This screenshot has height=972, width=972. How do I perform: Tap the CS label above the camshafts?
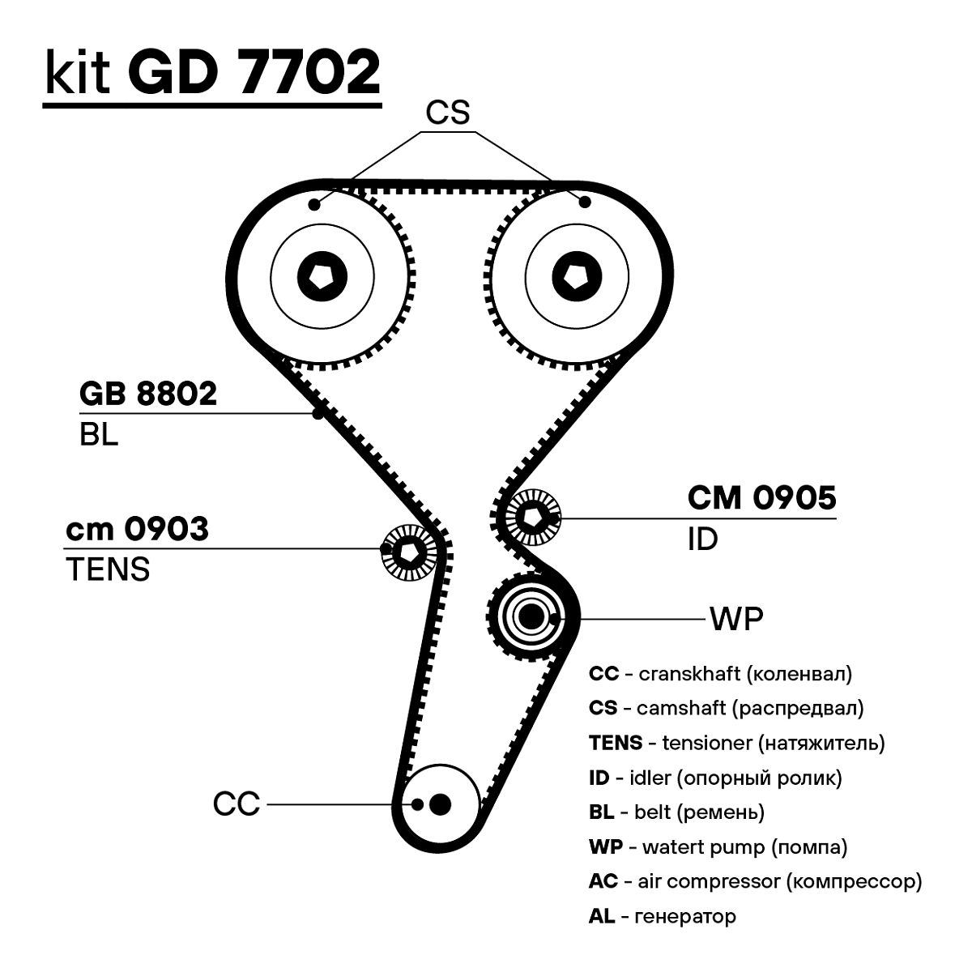click(x=448, y=113)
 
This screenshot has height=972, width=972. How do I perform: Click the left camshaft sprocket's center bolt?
click(x=322, y=275)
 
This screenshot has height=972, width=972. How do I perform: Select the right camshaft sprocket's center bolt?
click(x=578, y=275)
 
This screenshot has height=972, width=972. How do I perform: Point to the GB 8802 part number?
click(x=148, y=394)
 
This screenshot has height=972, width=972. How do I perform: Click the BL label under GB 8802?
click(x=98, y=435)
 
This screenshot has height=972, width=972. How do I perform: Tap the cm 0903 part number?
click(x=136, y=529)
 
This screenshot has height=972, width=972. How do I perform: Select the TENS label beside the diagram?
click(x=108, y=569)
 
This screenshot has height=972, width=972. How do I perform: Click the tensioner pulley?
click(x=408, y=552)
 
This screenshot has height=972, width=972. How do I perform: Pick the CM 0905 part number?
click(x=761, y=498)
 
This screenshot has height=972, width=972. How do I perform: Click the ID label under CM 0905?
click(x=702, y=539)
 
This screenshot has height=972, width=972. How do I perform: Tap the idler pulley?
click(x=532, y=516)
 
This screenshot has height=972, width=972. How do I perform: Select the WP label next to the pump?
click(x=735, y=619)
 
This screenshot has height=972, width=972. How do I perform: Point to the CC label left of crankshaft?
click(x=236, y=804)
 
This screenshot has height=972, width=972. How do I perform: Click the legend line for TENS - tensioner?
click(x=736, y=743)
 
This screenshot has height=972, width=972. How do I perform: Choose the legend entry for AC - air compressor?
click(x=755, y=881)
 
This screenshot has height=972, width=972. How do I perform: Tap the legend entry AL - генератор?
click(x=662, y=916)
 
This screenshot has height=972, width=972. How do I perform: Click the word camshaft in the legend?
click(x=680, y=708)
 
